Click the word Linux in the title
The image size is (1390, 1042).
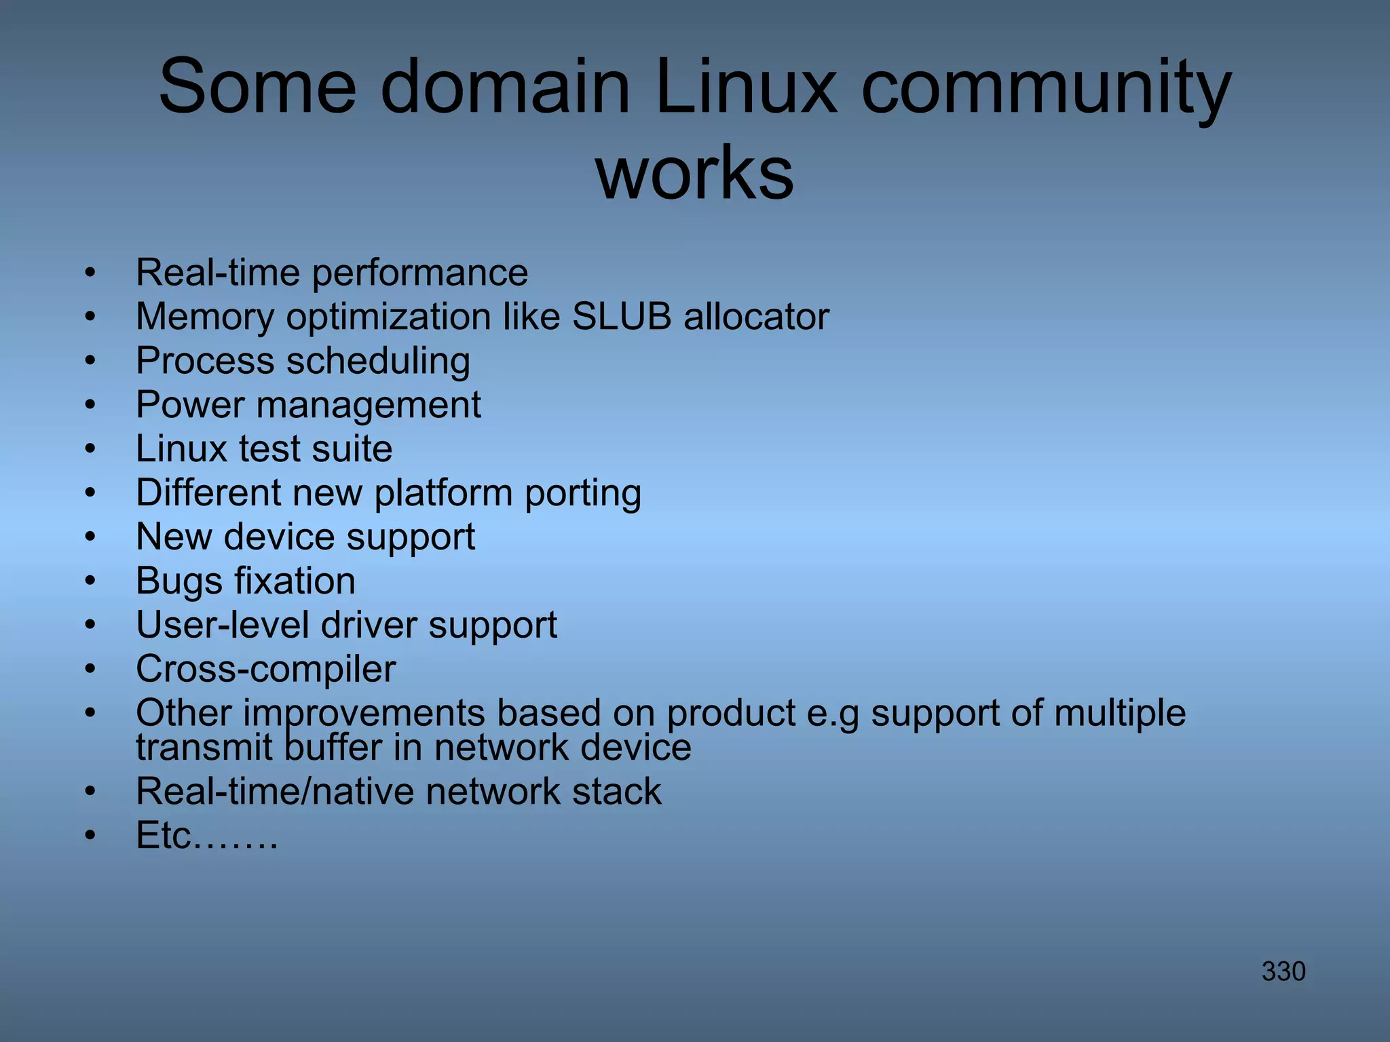[747, 87]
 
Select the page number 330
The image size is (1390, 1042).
[1283, 971]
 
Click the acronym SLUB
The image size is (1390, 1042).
[622, 317]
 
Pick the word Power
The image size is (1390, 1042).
[190, 405]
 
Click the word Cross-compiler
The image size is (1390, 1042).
[265, 669]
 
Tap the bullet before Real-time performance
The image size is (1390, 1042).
[90, 273]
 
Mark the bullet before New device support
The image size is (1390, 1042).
[90, 537]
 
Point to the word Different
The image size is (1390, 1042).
[208, 493]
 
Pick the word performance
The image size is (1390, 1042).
[419, 273]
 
